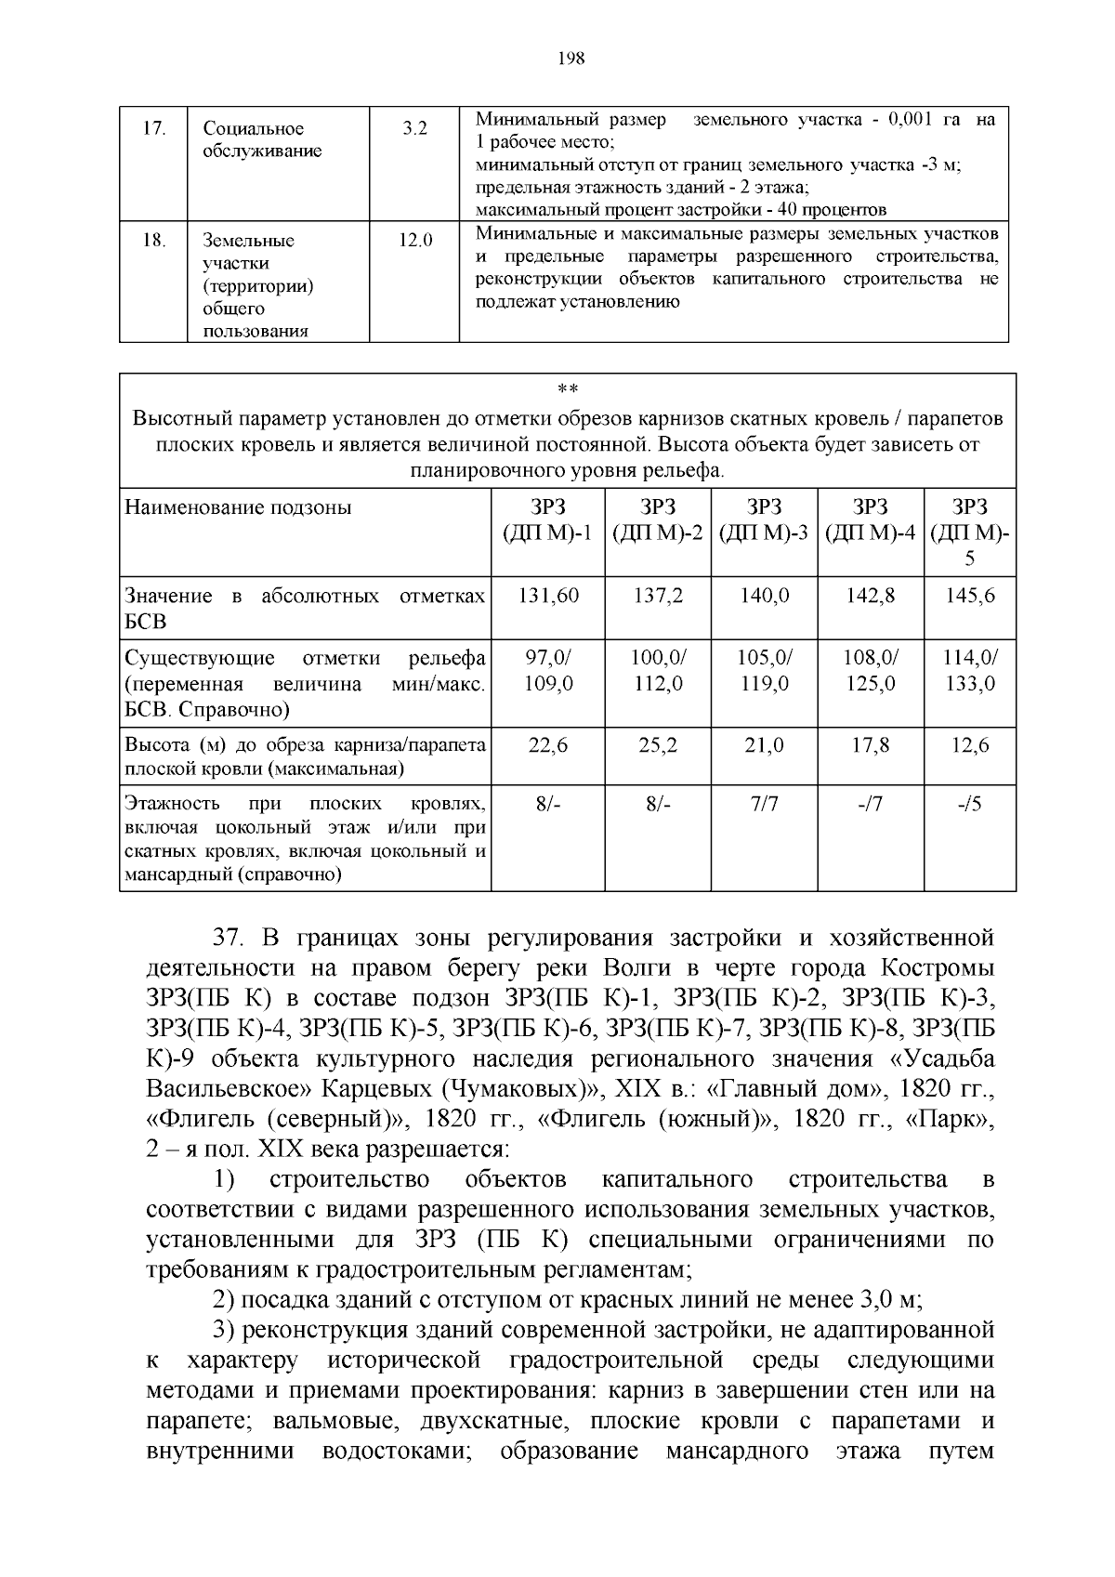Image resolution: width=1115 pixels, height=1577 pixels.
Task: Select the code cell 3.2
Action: (414, 129)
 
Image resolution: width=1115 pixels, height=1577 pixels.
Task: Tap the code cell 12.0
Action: (415, 241)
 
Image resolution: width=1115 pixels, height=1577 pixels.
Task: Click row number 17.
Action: (154, 129)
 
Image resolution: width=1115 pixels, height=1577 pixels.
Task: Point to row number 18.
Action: (154, 241)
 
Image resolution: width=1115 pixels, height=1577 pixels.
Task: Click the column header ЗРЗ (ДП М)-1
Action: (547, 519)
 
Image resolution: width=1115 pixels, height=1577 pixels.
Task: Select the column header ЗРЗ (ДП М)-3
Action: (764, 519)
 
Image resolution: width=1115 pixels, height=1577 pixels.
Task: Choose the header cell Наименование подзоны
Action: (239, 507)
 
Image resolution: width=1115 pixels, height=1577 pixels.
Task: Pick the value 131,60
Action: (547, 596)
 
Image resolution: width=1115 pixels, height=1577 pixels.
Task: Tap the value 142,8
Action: (870, 596)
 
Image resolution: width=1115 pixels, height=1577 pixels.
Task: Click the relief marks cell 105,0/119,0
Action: (764, 670)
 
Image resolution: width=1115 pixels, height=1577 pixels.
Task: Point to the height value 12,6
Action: (969, 745)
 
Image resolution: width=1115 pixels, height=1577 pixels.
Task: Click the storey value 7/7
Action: (764, 804)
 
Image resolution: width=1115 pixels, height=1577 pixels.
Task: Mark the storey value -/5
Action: (969, 804)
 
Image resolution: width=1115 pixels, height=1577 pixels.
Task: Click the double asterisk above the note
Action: (567, 389)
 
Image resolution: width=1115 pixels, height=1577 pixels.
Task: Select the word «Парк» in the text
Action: (955, 1119)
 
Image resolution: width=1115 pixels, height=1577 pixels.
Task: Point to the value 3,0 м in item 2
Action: (880, 1299)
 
